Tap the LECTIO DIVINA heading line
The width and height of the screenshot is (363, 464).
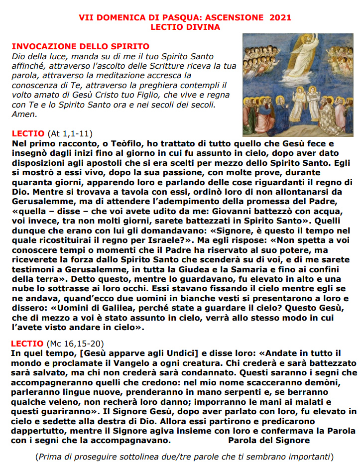(x=185, y=26)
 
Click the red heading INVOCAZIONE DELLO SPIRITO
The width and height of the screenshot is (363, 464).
(x=73, y=46)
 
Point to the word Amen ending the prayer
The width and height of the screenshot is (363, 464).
(x=23, y=114)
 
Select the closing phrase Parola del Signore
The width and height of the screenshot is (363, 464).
(x=269, y=440)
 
